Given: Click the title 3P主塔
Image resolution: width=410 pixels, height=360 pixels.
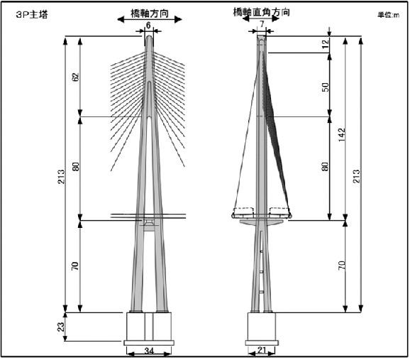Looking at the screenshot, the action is (32, 15).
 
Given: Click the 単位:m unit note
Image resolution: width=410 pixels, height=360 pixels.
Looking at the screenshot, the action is (388, 15).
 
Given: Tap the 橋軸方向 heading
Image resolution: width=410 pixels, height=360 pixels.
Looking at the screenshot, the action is (150, 13).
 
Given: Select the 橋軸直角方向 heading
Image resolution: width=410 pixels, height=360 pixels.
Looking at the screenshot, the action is (262, 12).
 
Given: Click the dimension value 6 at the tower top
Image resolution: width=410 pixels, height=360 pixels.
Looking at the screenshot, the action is (148, 26).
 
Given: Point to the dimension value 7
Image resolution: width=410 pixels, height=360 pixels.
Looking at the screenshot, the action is (262, 24).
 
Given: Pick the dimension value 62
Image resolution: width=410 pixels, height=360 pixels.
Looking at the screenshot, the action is (76, 77).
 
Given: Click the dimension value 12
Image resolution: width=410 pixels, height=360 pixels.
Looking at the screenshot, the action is (325, 44).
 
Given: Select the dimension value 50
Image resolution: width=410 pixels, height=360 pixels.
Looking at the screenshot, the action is (325, 87).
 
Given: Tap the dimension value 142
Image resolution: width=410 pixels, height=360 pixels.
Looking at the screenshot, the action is (342, 135).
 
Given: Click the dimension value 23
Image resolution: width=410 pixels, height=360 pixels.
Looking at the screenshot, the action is (61, 327).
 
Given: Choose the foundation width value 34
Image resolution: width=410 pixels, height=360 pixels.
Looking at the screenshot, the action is (149, 351).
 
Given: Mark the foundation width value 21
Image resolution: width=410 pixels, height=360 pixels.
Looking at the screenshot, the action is (262, 350).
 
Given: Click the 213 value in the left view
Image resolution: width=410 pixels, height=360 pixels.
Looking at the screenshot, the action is (61, 176).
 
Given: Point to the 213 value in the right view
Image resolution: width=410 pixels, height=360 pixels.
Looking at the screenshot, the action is (357, 176).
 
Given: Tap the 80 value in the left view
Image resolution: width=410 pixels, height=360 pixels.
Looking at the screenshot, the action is (76, 167).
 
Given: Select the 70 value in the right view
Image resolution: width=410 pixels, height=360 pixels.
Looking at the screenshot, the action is (342, 266).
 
